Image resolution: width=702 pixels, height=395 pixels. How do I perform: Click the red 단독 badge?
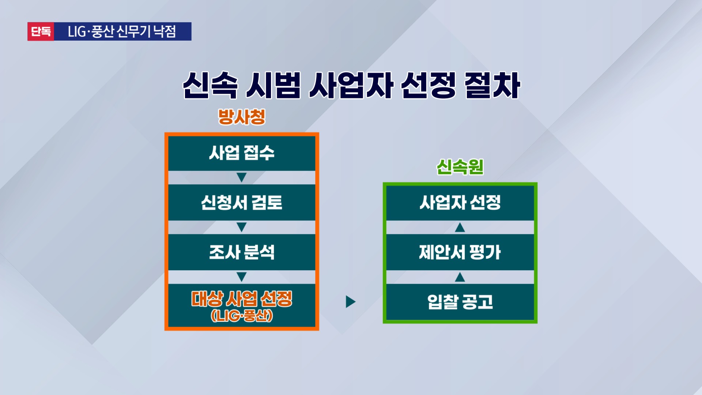(41, 31)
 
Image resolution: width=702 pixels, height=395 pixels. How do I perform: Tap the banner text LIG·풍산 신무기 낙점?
(122, 31)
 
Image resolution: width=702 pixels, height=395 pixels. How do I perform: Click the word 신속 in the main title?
(210, 85)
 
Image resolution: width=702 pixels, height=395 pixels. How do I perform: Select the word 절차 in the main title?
(492, 85)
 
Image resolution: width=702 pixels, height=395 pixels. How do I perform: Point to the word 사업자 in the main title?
(351, 85)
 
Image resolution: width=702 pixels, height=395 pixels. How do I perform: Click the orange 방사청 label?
(242, 117)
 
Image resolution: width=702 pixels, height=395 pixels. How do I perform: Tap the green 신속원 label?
(460, 167)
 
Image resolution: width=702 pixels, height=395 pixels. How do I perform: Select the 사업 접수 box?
(242, 153)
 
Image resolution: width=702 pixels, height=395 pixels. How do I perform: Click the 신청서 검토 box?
(242, 203)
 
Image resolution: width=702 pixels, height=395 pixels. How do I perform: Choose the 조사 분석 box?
(242, 252)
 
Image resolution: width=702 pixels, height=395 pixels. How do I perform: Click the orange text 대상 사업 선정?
(242, 299)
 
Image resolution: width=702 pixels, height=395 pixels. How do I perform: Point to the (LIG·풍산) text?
(242, 316)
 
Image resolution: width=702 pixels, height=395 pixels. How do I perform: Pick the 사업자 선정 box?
(460, 203)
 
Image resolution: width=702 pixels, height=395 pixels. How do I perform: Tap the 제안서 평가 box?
(460, 252)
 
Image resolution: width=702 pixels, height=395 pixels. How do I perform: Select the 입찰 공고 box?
(460, 302)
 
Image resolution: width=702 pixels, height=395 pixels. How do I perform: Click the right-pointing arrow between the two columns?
(350, 302)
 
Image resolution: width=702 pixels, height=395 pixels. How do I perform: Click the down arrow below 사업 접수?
(241, 177)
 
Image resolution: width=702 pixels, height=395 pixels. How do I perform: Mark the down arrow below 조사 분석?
(241, 277)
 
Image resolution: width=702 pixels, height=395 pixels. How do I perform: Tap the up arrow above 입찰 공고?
(460, 277)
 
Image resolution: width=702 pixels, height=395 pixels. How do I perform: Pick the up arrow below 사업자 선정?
(460, 227)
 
